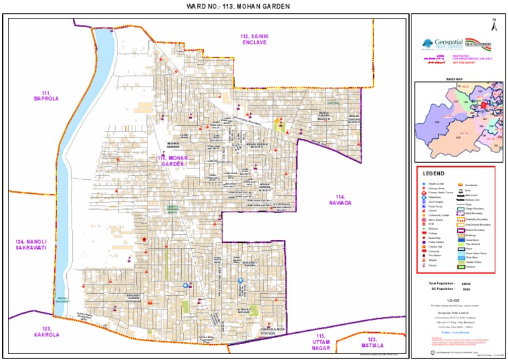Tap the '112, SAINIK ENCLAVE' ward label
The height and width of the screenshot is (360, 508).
click(x=253, y=38)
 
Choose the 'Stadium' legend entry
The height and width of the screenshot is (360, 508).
click(x=472, y=267)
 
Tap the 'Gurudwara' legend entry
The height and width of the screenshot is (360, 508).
click(x=472, y=185)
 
